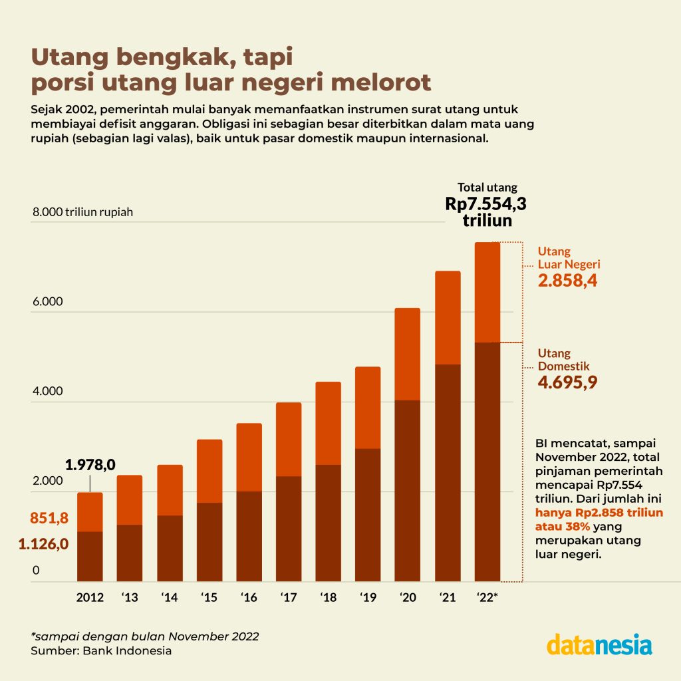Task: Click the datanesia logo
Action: pos(599,644)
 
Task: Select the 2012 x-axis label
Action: pos(90,598)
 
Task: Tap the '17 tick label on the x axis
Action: pos(288,598)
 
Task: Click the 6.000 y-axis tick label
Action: pos(47,301)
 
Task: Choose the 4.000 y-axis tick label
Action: pos(47,391)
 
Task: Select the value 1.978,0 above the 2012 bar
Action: pos(90,464)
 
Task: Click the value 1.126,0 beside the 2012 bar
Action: pos(44,544)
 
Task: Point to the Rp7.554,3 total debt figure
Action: pos(490,204)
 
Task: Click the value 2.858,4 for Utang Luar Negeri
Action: pos(567,281)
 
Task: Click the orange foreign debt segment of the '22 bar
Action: pos(487,293)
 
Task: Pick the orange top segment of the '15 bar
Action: pos(209,471)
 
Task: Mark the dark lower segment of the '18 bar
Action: pos(328,523)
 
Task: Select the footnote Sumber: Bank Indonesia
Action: pos(101,650)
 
